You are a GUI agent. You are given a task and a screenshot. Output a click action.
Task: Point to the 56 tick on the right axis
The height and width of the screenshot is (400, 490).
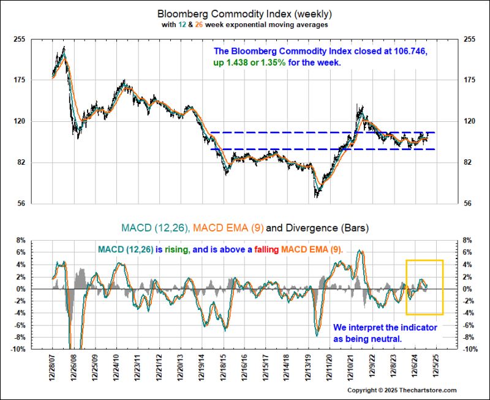click(x=470, y=203)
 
